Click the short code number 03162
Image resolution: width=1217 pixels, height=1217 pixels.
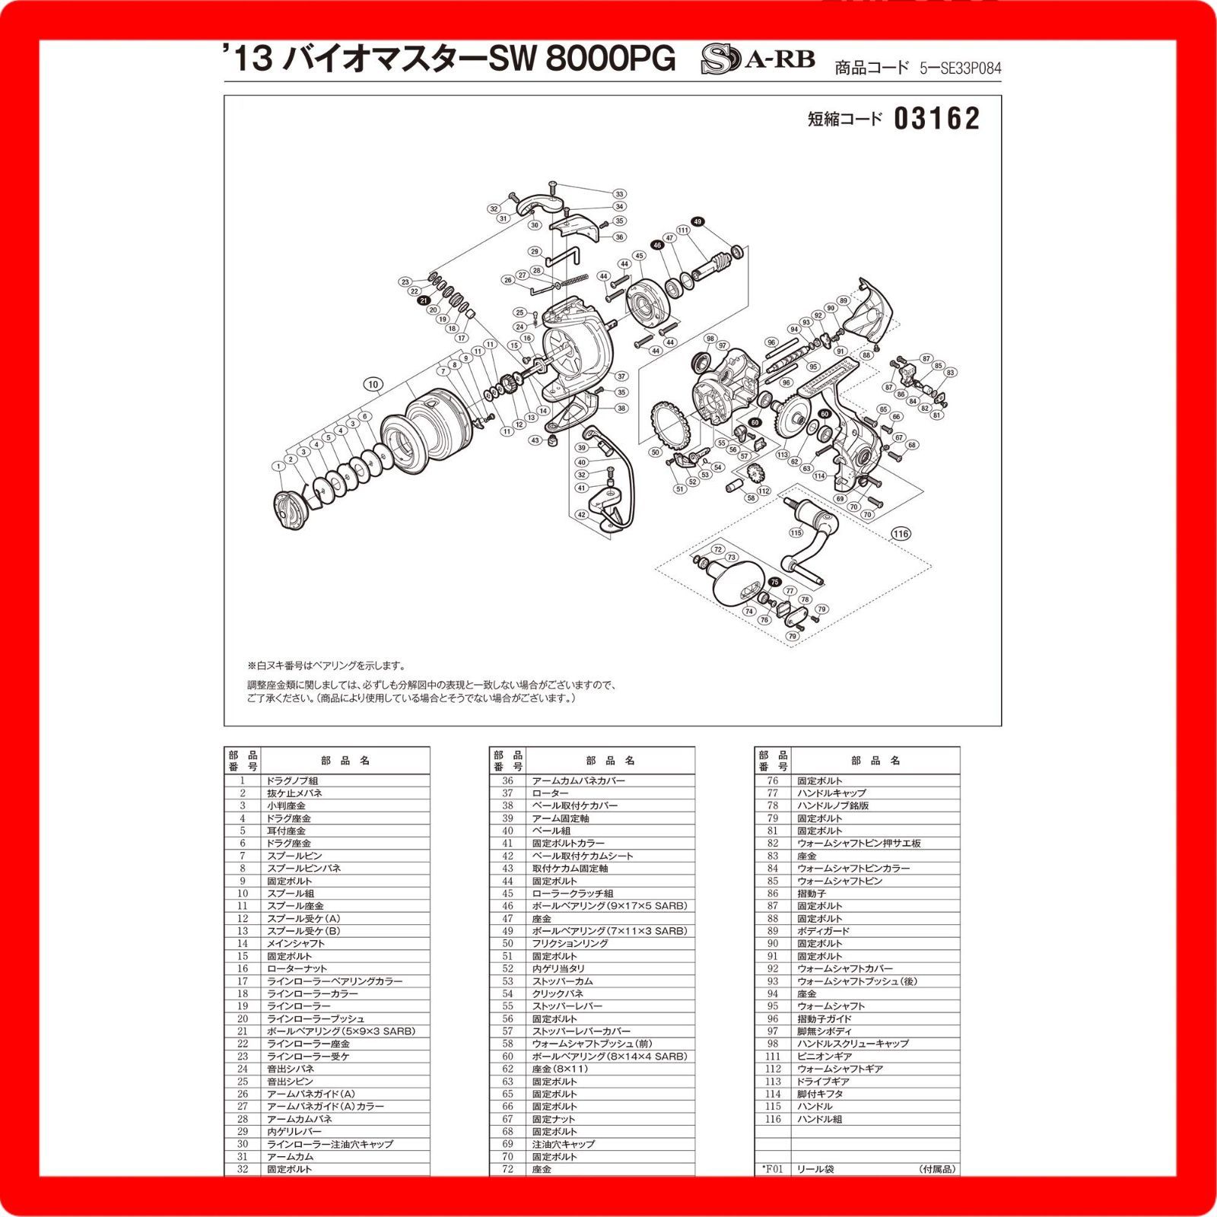936,119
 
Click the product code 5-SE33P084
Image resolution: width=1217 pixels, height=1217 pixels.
960,68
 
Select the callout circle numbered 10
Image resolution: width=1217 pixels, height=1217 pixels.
373,384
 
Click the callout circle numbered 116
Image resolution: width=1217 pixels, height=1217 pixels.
901,533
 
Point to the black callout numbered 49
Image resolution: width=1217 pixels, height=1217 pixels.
698,222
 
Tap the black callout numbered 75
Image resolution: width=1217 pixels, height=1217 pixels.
774,581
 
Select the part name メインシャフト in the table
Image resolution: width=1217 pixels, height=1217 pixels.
295,943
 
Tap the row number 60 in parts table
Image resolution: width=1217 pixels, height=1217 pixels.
507,1056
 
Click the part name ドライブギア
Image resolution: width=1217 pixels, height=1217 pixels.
823,1081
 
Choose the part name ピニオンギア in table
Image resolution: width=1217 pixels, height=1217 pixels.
824,1056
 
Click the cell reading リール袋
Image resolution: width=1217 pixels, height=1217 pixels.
815,1168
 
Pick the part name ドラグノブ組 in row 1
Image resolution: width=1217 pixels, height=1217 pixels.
292,780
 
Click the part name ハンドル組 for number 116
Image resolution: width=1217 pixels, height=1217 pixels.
820,1119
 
